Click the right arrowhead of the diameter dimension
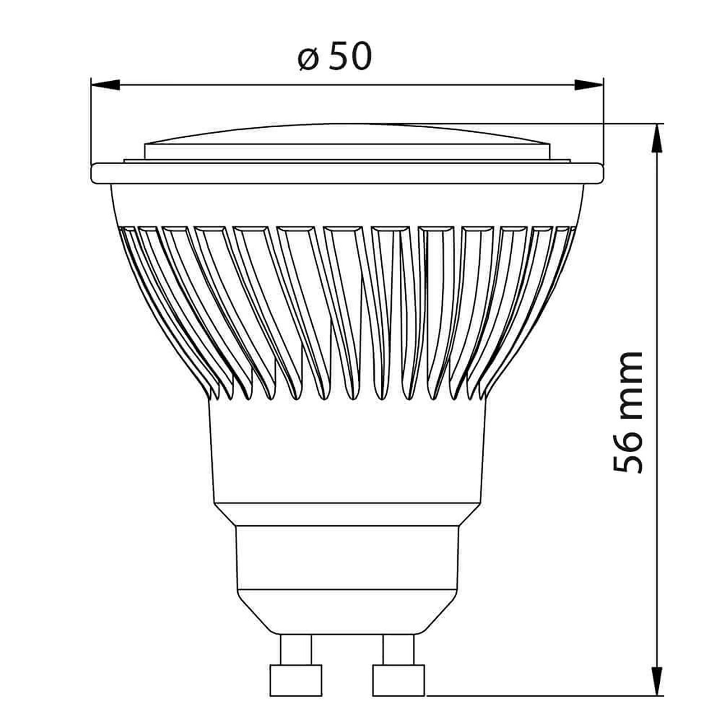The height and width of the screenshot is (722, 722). pos(589,84)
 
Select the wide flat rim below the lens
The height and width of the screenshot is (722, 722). pos(347,174)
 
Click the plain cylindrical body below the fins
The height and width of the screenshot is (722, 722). pos(347,451)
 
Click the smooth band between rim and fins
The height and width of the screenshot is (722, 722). pos(347,205)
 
